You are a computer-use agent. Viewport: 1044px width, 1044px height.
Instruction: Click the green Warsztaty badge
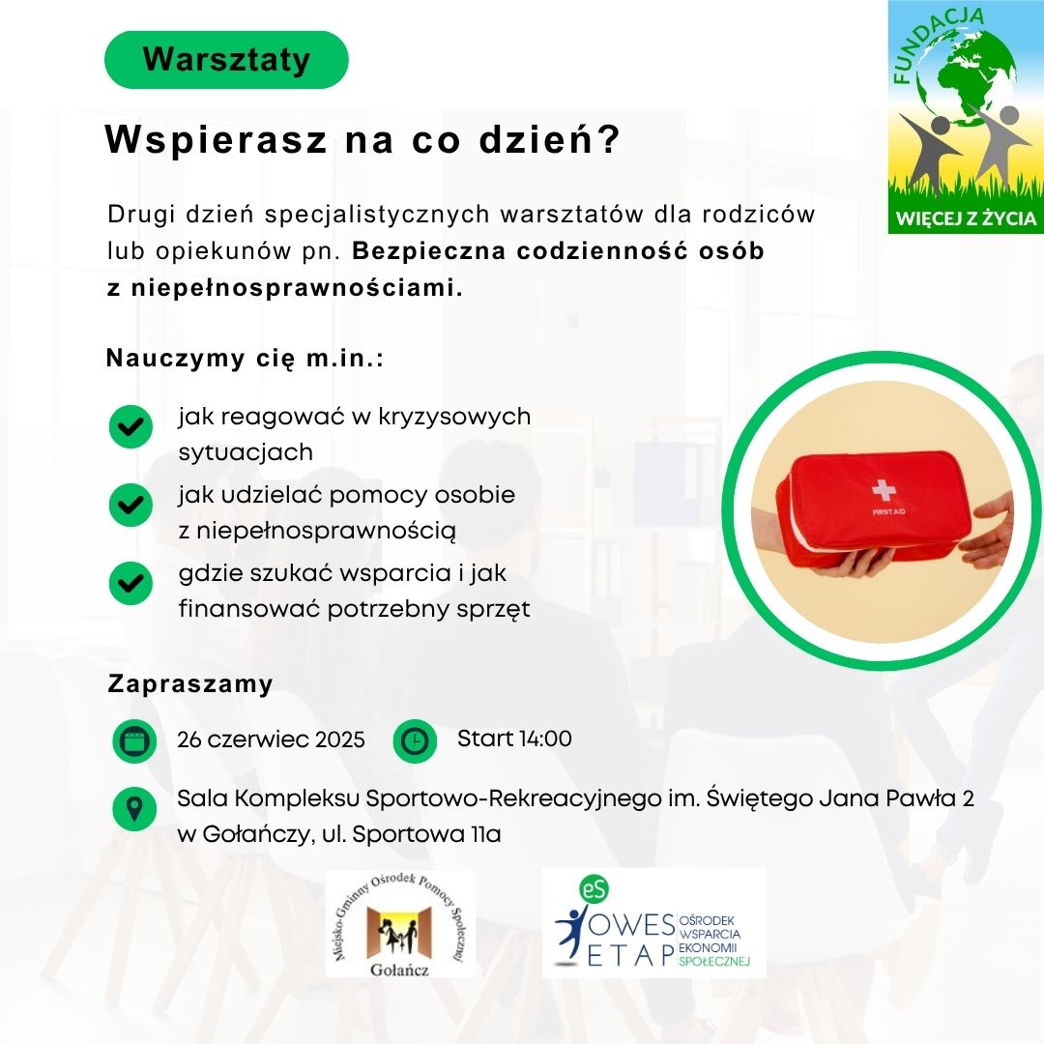pos(226,59)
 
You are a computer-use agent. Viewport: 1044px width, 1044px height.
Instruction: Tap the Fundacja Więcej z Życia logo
pos(966,117)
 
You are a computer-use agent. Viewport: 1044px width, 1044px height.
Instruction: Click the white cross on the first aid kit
pos(884,490)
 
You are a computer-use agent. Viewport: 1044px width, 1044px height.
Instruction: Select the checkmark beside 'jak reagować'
pos(131,426)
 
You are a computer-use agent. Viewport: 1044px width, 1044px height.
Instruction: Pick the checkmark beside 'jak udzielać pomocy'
pos(131,505)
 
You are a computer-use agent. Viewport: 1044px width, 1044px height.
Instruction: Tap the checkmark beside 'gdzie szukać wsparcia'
pos(131,583)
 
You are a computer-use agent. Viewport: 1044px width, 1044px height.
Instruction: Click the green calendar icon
pos(134,741)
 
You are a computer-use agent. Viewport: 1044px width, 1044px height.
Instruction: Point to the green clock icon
pos(415,741)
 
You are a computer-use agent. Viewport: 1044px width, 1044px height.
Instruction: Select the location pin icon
pos(134,809)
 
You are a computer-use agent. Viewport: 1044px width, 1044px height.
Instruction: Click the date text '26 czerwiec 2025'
pos(271,739)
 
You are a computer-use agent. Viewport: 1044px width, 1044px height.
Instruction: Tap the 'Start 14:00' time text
pos(514,739)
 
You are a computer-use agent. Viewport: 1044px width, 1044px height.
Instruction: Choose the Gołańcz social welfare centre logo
pos(400,924)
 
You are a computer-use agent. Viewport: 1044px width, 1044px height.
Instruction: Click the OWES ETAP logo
pos(653,923)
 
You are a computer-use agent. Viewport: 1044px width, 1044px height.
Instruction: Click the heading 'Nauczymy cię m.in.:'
pos(245,359)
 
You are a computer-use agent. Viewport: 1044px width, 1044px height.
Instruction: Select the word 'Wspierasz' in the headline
pos(217,140)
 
